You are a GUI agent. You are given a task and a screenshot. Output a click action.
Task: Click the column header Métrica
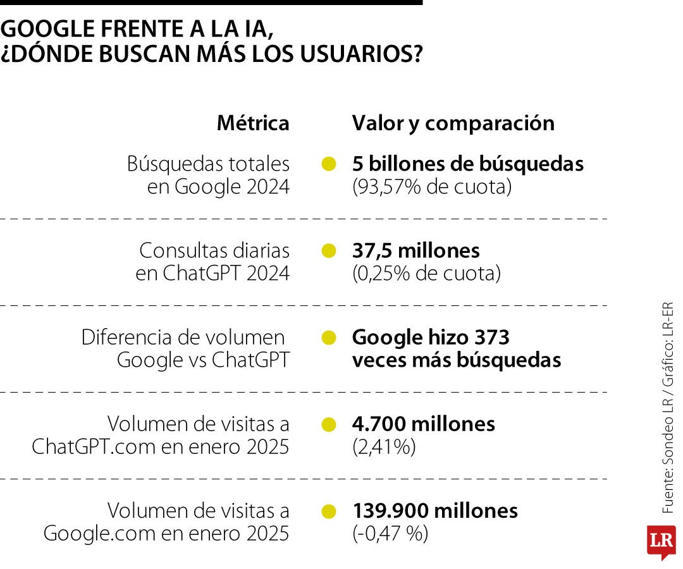point(253,123)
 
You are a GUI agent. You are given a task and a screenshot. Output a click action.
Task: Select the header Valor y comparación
point(453,123)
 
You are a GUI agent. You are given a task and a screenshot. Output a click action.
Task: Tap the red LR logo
point(661,542)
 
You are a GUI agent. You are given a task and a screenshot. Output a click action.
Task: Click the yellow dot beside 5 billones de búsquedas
point(328,164)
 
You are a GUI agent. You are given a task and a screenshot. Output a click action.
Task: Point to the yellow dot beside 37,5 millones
point(328,251)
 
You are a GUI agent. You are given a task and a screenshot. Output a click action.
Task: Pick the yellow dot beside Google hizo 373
point(328,338)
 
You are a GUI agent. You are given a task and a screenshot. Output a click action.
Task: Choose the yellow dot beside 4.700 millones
point(328,424)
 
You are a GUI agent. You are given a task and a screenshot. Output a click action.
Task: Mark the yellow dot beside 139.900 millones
point(328,511)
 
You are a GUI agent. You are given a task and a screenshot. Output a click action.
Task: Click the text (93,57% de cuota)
point(431,187)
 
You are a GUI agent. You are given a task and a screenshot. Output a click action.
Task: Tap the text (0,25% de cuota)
point(426,274)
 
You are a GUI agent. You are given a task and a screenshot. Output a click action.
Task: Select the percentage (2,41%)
point(384,447)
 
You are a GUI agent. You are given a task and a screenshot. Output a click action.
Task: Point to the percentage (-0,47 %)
point(390,534)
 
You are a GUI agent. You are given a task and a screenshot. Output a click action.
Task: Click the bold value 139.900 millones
point(435,511)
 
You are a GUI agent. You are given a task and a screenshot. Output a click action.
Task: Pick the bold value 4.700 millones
point(424,424)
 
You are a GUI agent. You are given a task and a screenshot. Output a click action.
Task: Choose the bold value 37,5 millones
point(416,251)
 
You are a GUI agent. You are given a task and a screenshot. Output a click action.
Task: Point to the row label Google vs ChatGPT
point(203,360)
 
